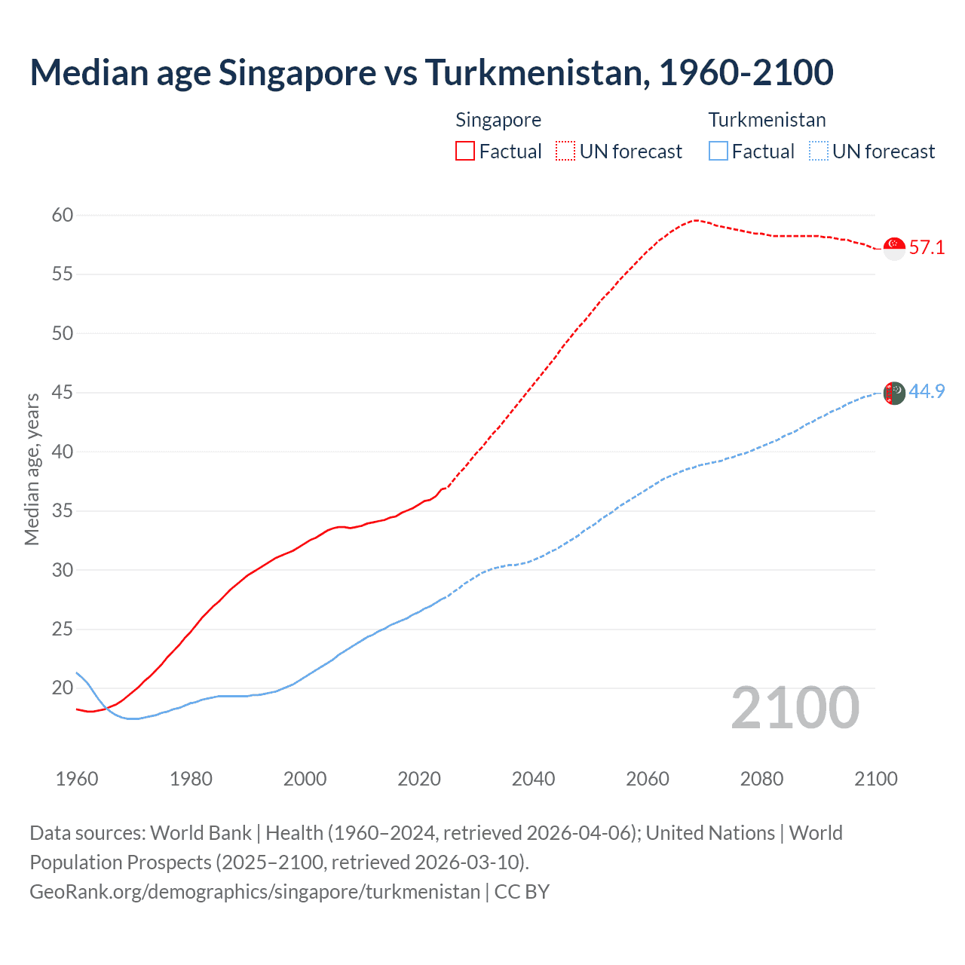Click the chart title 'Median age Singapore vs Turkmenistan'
point(431,72)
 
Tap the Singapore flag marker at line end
point(893,247)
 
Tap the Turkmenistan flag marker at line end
point(893,393)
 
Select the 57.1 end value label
point(927,247)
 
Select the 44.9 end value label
point(927,391)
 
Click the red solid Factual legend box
point(465,152)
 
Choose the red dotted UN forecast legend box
point(565,152)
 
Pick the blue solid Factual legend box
point(718,152)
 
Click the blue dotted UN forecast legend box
point(818,152)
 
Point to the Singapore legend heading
point(498,120)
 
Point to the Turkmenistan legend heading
point(767,120)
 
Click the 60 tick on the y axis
point(63,216)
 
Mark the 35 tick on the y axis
point(63,511)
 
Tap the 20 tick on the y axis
point(63,688)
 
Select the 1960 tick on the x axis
point(77,779)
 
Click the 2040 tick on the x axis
point(533,779)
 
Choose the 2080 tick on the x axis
point(761,779)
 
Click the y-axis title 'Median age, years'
point(32,469)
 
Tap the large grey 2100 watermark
point(795,708)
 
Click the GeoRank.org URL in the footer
point(255,892)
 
